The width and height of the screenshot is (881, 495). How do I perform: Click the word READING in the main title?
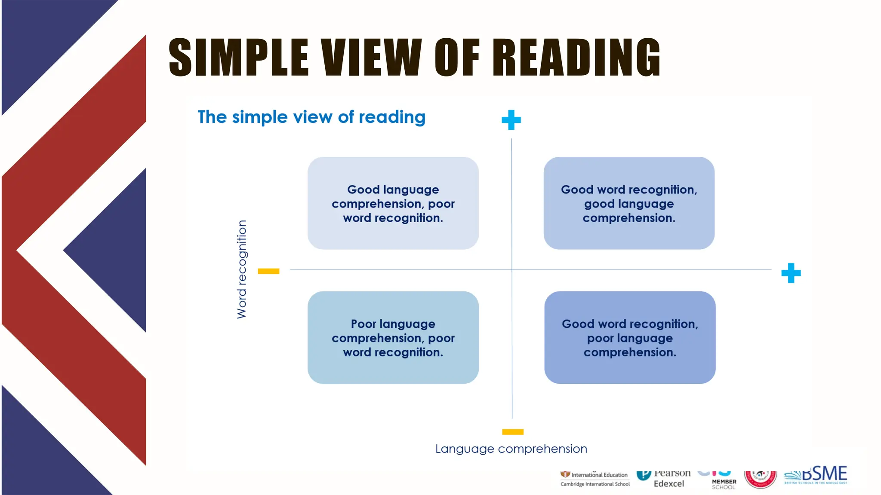pyautogui.click(x=576, y=57)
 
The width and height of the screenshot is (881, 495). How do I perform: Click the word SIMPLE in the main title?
pyautogui.click(x=239, y=57)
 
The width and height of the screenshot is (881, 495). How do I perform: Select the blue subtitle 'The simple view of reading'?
pyautogui.click(x=311, y=117)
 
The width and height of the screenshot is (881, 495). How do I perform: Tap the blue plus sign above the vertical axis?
pyautogui.click(x=511, y=120)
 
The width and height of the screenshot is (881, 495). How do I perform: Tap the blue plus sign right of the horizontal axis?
pyautogui.click(x=791, y=273)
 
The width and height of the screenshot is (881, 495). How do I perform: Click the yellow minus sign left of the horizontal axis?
pyautogui.click(x=268, y=271)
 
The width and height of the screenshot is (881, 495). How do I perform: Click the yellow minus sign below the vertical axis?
pyautogui.click(x=512, y=432)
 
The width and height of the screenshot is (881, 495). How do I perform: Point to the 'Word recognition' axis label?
pyautogui.click(x=242, y=269)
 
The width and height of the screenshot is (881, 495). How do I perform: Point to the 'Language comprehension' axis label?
pyautogui.click(x=511, y=449)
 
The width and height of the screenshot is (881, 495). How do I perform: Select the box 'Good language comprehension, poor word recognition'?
pyautogui.click(x=393, y=203)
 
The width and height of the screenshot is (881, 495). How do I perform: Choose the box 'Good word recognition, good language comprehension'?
pyautogui.click(x=629, y=203)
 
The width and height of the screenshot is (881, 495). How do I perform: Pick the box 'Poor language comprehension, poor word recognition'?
pyautogui.click(x=393, y=338)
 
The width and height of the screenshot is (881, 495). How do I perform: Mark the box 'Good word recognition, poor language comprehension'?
pyautogui.click(x=630, y=338)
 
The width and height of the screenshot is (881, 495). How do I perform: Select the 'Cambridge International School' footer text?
pyautogui.click(x=595, y=484)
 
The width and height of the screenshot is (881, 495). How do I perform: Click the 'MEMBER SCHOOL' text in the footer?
pyautogui.click(x=724, y=484)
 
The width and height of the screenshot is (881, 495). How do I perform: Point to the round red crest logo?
pyautogui.click(x=760, y=479)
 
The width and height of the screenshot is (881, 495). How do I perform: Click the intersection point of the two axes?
pyautogui.click(x=512, y=270)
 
